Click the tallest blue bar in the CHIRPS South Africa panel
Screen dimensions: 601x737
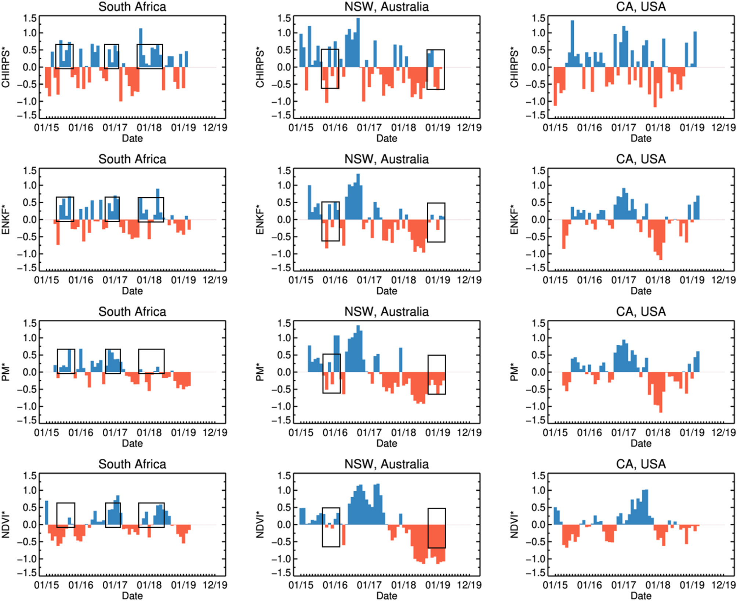click(x=141, y=48)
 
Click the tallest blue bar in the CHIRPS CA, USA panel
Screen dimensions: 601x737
click(x=572, y=43)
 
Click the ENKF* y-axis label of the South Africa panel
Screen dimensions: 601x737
click(x=6, y=220)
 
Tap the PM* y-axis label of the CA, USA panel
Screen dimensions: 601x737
click(x=514, y=372)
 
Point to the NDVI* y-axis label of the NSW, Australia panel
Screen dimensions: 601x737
click(x=260, y=525)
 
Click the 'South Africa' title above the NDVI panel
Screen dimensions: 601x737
click(x=132, y=464)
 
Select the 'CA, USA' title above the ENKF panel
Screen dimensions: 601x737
click(x=641, y=159)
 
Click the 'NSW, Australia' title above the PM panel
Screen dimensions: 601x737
click(x=386, y=312)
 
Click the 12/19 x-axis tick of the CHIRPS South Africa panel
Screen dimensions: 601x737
click(x=215, y=128)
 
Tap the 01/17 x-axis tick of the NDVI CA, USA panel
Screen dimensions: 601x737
click(x=624, y=585)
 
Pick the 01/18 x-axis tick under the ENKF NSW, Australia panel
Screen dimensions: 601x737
click(x=403, y=280)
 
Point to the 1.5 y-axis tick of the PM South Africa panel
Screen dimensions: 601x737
click(x=30, y=323)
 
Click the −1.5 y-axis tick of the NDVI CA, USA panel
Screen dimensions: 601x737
click(x=536, y=573)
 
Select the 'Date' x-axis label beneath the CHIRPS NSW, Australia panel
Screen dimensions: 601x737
click(x=386, y=138)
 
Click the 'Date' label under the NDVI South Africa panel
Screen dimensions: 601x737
click(x=132, y=596)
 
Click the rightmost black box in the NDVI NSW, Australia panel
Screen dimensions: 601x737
click(x=437, y=528)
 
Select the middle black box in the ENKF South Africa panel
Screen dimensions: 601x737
click(x=112, y=209)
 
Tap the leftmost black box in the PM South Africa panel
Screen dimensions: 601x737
click(x=66, y=361)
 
